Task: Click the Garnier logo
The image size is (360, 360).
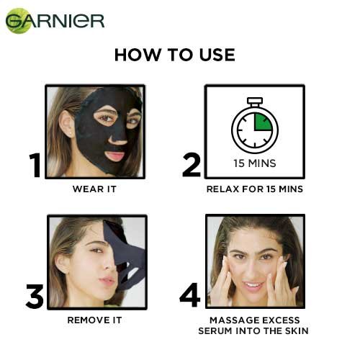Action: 55,21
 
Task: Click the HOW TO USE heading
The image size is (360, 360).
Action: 175,56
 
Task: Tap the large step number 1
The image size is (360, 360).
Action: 35,165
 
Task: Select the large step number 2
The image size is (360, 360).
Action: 191,164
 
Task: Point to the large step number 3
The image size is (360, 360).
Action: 35,296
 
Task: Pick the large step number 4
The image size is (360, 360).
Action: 189,295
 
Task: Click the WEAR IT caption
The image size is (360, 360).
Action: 94,189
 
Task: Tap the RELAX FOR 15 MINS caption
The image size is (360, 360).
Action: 254,189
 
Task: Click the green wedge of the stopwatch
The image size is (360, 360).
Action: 262,120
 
